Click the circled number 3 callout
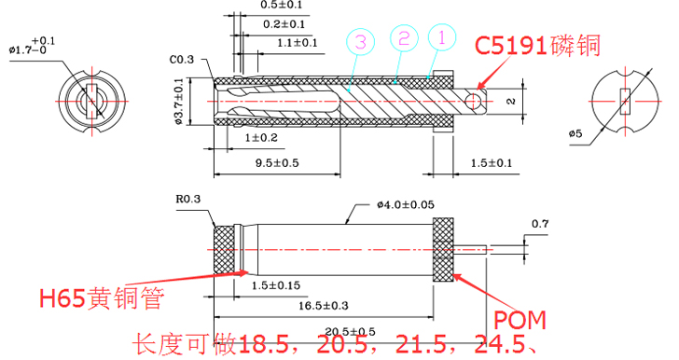click(x=360, y=41)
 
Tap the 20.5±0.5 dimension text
click(x=349, y=332)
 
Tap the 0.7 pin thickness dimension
click(x=539, y=224)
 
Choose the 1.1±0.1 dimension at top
click(x=298, y=43)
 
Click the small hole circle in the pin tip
click(x=476, y=100)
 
